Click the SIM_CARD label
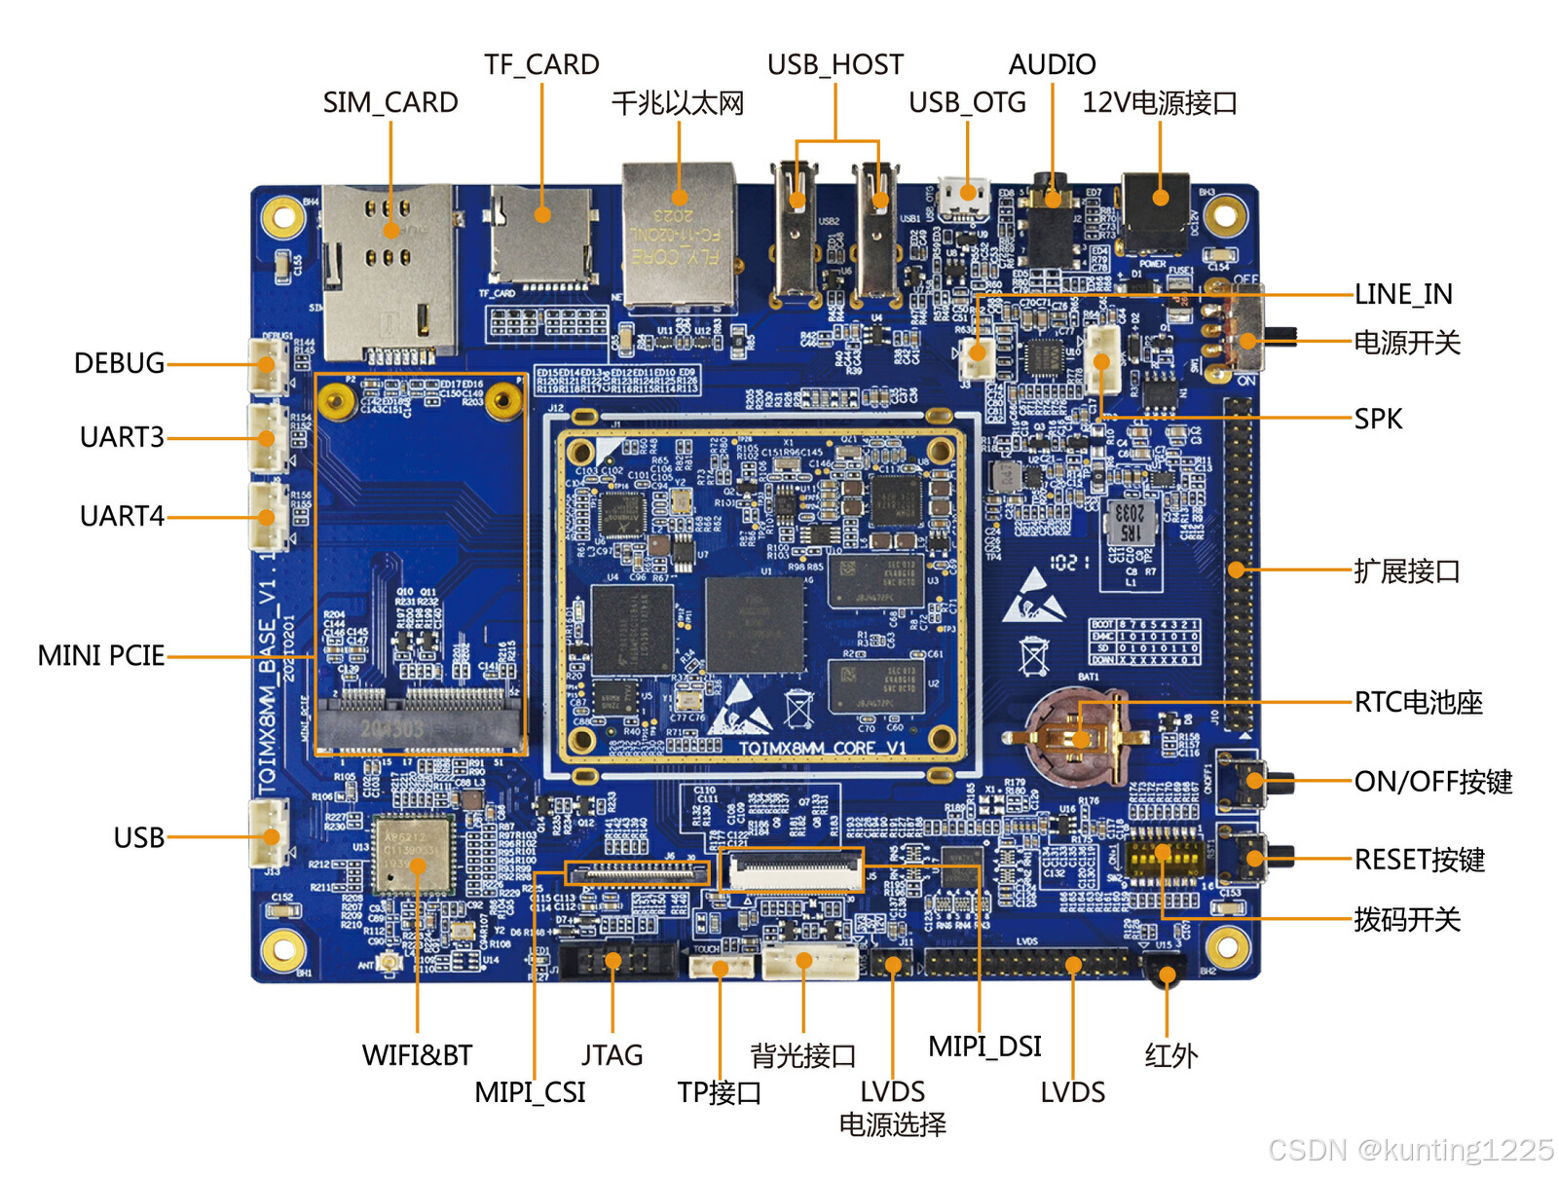390,102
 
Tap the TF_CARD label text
541,64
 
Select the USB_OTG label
967,102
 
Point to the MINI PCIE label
101,656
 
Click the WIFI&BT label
417,1055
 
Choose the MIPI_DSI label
984,1047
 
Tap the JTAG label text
612,1055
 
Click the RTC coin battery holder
1078,735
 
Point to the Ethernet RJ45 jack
679,236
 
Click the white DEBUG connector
268,364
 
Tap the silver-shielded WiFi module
414,855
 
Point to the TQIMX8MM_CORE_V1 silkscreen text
822,748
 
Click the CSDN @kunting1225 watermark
1410,1150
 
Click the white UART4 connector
268,517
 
